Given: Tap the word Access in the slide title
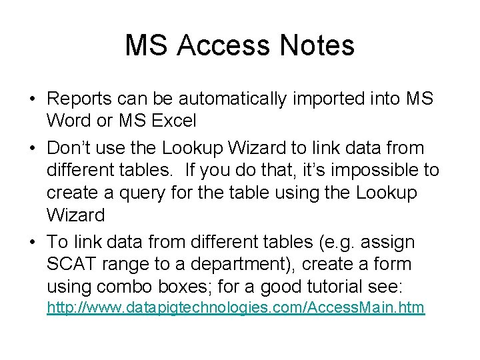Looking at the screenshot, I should pos(223,45).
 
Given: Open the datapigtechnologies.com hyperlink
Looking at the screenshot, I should pos(235,308).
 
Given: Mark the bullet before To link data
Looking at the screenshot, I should pos(32,242).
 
